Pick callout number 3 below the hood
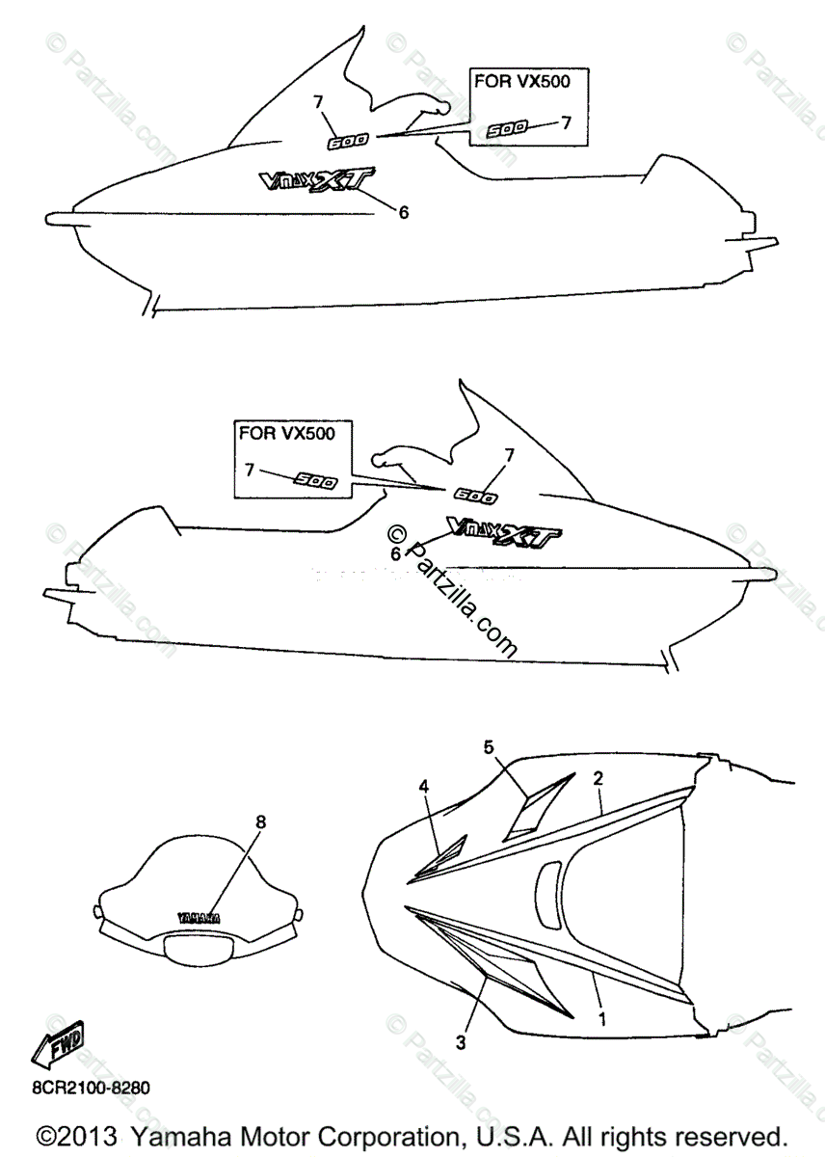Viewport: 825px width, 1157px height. (462, 1041)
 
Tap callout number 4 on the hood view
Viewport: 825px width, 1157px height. (423, 787)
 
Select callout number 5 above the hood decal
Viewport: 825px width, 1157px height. (489, 746)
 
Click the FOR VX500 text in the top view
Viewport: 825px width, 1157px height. (521, 81)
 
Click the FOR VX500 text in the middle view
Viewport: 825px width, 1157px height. (287, 433)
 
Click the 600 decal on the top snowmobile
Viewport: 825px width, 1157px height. (348, 143)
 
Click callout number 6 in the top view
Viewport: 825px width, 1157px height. (404, 212)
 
